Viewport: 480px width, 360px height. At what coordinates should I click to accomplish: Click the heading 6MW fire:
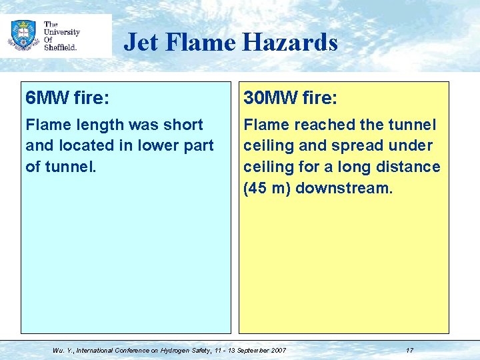(x=67, y=99)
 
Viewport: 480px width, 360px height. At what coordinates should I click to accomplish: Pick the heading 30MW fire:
(x=291, y=99)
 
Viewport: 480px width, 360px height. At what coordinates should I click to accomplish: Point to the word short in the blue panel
(x=181, y=125)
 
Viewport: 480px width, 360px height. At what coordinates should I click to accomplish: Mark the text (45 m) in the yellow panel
(x=267, y=187)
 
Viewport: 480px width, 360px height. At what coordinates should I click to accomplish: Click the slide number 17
(x=409, y=350)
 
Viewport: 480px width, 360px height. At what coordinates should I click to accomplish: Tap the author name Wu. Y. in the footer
(x=63, y=350)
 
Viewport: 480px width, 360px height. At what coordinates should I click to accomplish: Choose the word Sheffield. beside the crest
(x=61, y=47)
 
